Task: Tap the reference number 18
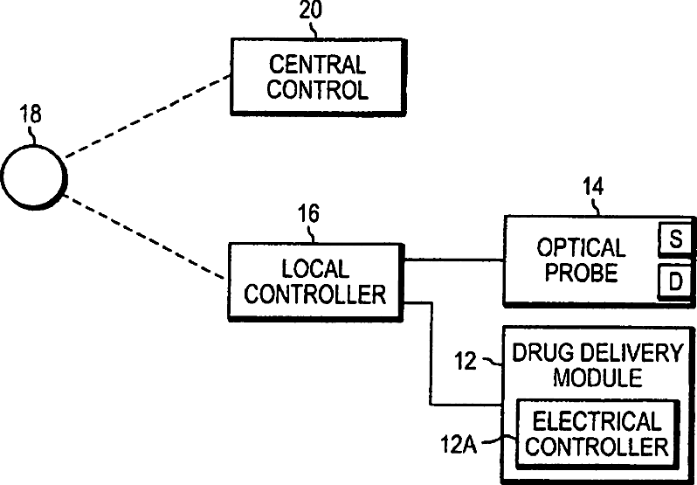point(31,114)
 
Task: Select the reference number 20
point(310,10)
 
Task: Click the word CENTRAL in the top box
point(317,65)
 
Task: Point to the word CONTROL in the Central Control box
point(317,90)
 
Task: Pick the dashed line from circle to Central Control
point(148,116)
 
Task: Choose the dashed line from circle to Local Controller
point(144,237)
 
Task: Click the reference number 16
point(308,214)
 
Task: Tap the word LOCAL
point(315,269)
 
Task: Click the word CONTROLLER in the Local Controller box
point(315,294)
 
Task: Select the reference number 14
point(593,186)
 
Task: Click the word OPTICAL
point(582,247)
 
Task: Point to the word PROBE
point(582,273)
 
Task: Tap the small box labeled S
point(675,239)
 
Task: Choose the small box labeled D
point(675,281)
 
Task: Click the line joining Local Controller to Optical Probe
point(453,260)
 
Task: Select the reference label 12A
point(459,444)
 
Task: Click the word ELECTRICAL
point(597,421)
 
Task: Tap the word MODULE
point(597,378)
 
